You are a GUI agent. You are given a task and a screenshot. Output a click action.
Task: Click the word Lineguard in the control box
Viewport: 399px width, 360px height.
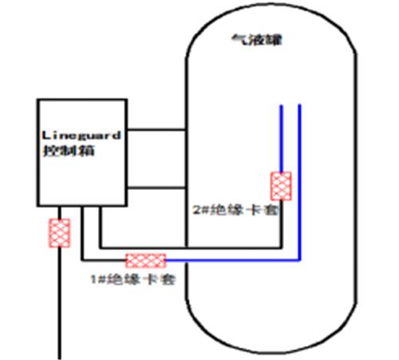click(x=81, y=136)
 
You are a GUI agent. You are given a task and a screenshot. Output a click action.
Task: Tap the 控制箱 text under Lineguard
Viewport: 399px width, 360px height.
click(x=69, y=151)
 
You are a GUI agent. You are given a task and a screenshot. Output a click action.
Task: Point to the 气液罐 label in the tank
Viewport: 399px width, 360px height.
click(x=256, y=40)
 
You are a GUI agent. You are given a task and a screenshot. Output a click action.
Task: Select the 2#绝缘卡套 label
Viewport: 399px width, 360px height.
click(x=235, y=210)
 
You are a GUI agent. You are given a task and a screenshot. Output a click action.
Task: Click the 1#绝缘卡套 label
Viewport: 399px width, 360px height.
click(x=133, y=279)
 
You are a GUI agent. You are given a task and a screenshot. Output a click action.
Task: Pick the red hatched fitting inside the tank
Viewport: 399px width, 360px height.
click(x=281, y=186)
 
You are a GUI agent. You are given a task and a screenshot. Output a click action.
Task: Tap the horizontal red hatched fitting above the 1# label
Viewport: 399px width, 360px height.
click(x=146, y=260)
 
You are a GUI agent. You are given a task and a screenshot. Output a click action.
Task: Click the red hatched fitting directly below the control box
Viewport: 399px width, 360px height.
click(x=60, y=233)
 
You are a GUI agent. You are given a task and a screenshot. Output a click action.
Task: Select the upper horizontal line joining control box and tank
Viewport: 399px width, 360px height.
click(x=156, y=130)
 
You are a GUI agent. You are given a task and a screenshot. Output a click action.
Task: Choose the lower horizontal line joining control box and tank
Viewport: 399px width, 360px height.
click(x=156, y=188)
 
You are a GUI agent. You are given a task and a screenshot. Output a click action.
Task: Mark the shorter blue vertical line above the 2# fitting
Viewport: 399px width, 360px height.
click(x=281, y=138)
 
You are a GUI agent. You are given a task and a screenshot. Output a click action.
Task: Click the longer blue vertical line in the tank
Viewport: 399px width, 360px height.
click(x=299, y=182)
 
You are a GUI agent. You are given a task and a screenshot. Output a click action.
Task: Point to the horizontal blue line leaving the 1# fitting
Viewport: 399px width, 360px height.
click(x=233, y=260)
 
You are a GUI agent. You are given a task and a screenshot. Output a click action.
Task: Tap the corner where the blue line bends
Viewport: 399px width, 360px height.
click(x=299, y=260)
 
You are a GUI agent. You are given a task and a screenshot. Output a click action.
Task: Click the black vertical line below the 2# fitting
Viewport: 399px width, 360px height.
click(x=281, y=224)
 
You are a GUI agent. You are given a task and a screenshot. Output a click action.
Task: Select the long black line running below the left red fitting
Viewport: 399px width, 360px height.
click(x=60, y=303)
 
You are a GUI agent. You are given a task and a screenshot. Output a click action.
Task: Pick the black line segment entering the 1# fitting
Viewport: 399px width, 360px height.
click(x=105, y=260)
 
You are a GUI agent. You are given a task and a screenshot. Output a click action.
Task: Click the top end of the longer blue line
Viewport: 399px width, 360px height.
click(x=299, y=105)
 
